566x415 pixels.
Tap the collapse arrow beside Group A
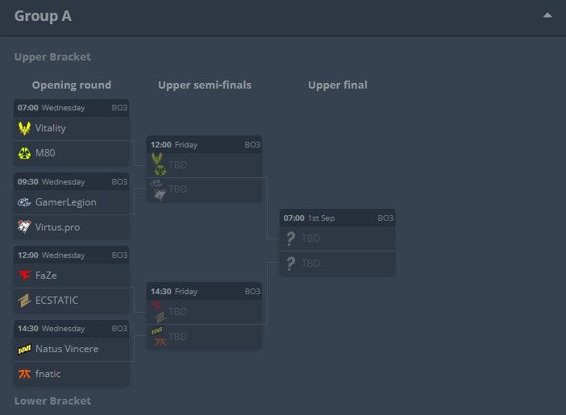547,15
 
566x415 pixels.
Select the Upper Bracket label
52,57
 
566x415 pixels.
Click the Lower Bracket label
52,400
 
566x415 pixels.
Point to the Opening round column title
72,85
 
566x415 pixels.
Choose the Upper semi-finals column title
205,85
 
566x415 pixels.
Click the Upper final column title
337,85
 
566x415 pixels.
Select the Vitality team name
51,128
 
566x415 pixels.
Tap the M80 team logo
24,153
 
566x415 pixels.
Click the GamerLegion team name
66,202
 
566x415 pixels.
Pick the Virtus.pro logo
24,227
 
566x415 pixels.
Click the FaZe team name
47,276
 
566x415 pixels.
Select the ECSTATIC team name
57,301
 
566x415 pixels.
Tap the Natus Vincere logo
24,350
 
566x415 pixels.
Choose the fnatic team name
48,374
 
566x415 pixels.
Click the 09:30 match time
27,182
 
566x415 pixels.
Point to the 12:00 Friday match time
160,145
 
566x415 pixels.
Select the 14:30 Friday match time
160,291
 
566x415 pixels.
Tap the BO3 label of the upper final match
385,218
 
